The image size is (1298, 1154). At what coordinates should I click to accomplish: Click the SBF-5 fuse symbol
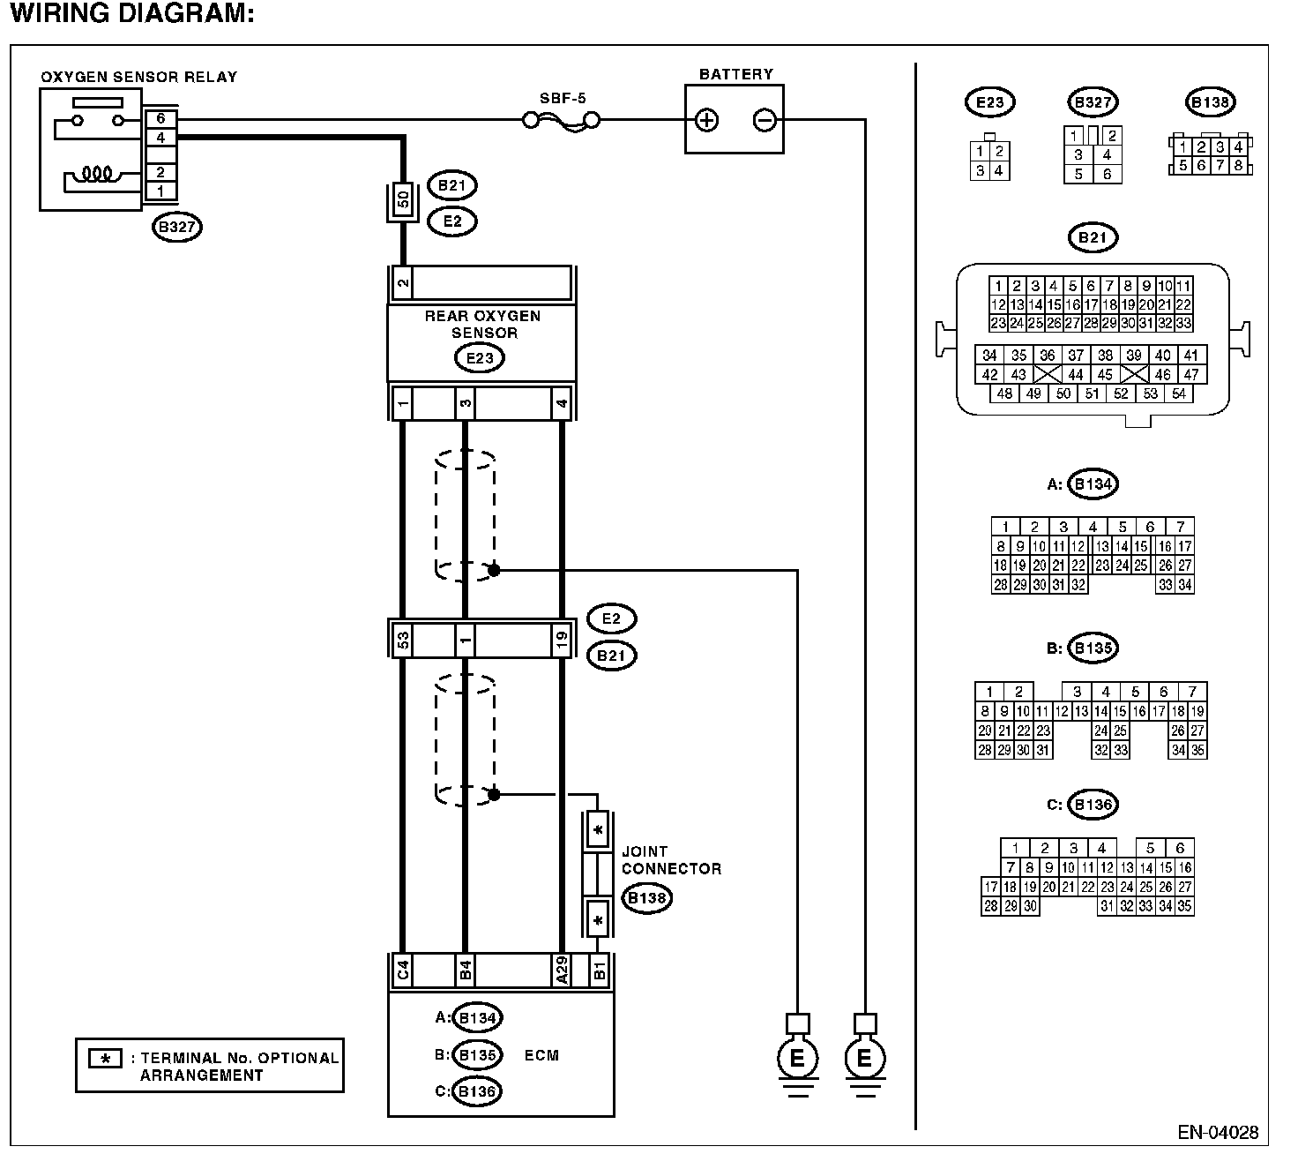[x=561, y=121]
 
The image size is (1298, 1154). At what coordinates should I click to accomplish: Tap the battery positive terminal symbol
[x=706, y=121]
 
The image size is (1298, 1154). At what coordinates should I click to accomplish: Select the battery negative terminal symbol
[x=765, y=121]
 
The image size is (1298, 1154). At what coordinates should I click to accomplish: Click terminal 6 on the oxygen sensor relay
[x=160, y=118]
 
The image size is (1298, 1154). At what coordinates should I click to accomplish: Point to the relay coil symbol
[x=97, y=174]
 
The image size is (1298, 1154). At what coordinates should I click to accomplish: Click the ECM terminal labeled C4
[x=402, y=970]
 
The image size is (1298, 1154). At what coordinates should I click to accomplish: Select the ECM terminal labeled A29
[x=562, y=970]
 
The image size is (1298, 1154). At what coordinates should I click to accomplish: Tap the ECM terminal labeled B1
[x=599, y=970]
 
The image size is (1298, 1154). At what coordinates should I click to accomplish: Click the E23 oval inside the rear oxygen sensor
[x=479, y=357]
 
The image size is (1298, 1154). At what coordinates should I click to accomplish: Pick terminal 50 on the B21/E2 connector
[x=403, y=200]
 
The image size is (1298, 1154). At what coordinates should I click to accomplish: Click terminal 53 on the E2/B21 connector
[x=402, y=639]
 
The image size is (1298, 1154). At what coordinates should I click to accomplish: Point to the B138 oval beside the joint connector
[x=647, y=897]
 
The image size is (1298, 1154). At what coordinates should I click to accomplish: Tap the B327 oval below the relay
[x=177, y=227]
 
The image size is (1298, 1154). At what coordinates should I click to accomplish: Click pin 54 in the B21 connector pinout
[x=1179, y=393]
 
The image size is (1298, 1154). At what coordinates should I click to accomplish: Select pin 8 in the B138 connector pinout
[x=1238, y=165]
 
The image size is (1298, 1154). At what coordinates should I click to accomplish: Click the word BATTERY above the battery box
[x=736, y=74]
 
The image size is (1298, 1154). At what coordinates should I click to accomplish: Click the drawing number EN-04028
[x=1217, y=1133]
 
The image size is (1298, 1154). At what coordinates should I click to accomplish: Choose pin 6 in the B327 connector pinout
[x=1107, y=174]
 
